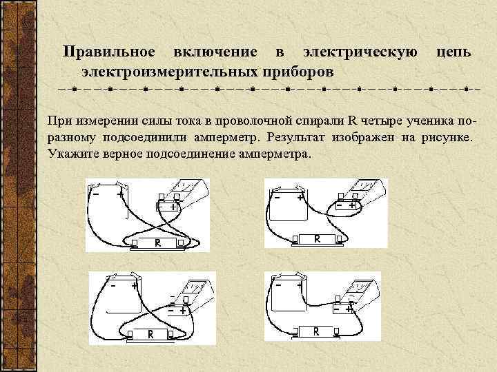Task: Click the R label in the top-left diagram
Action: (157, 243)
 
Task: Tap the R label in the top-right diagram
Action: (317, 239)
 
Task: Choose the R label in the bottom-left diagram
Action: (150, 334)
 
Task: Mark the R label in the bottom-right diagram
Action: (315, 331)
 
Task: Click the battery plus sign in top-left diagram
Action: (121, 194)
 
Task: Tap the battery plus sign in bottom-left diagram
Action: (134, 284)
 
